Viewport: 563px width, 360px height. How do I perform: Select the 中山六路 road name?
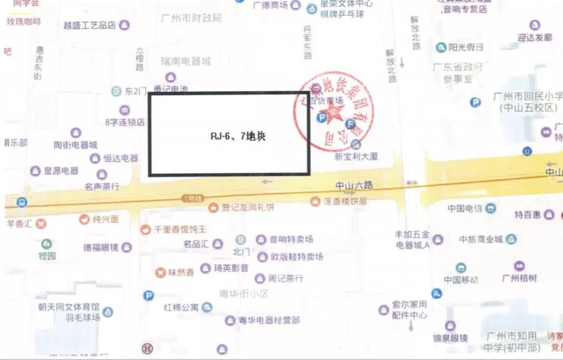coord(354,185)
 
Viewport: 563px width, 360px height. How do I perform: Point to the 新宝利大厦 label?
coord(357,156)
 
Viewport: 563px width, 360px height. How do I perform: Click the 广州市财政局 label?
coord(191,18)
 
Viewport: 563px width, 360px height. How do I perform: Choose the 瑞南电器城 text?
coord(186,61)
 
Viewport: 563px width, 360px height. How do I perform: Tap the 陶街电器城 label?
coord(76,145)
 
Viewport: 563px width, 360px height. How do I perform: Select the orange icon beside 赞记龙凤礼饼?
coord(213,208)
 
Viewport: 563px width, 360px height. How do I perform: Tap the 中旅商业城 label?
coord(481,240)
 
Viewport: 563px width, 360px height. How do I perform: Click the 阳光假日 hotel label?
coord(466,47)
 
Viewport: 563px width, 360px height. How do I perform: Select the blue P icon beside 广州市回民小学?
coord(475,103)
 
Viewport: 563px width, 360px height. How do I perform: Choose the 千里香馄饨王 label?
coord(180,229)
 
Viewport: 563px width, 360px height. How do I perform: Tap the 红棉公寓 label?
coord(181,307)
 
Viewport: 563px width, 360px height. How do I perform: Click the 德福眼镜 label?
coord(101,247)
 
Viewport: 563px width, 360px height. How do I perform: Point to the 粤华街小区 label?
coord(243,294)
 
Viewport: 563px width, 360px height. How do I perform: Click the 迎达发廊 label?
coord(534,38)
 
